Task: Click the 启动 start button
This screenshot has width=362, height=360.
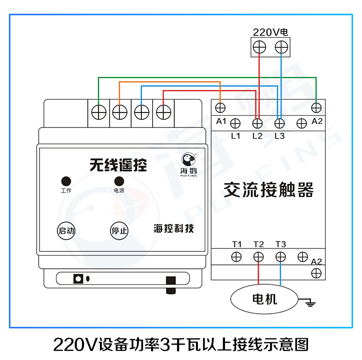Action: (66, 231)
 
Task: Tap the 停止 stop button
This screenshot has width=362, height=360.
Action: (119, 231)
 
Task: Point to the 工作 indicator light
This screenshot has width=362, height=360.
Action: (66, 181)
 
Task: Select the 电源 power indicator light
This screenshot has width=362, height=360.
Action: (119, 181)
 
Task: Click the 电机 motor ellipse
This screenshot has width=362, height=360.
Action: (265, 299)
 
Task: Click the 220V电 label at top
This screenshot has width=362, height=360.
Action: (270, 33)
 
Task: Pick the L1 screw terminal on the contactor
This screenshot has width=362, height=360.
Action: (236, 124)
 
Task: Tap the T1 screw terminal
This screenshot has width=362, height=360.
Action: (236, 257)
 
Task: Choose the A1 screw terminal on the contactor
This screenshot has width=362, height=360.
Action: (221, 107)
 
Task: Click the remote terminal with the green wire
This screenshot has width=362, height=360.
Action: (99, 112)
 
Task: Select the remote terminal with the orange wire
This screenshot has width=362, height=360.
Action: (119, 112)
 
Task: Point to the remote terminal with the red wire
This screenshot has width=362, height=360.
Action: (164, 112)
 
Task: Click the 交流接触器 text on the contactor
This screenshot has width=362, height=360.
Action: (268, 190)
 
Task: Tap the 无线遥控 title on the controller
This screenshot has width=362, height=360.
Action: (118, 166)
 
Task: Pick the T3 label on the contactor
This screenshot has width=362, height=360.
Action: (280, 244)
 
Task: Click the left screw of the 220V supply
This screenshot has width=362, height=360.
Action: (259, 47)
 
